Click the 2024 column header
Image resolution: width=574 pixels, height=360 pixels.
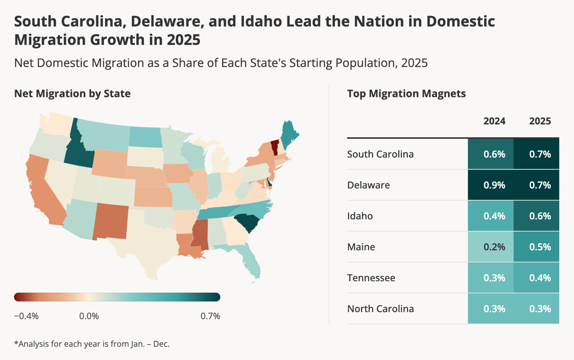point(494,121)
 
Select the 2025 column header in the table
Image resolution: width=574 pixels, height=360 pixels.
point(540,121)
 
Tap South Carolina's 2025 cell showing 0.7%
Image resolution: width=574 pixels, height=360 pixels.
point(537,154)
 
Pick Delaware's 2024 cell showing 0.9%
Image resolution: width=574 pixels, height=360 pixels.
point(491,185)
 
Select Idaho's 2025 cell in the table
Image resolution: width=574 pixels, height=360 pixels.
point(537,216)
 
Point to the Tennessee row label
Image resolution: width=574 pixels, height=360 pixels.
point(371,278)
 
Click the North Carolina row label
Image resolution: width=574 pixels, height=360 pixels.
point(381,309)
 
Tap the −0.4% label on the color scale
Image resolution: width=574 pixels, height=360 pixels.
point(26,316)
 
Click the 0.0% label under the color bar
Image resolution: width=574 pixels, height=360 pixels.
point(89,316)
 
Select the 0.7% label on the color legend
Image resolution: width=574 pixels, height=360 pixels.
point(210,316)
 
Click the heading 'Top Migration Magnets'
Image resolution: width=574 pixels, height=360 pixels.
point(407,94)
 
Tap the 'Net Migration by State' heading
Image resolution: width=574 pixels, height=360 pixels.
point(73,94)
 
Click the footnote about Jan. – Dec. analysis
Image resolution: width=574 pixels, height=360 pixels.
point(92,344)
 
